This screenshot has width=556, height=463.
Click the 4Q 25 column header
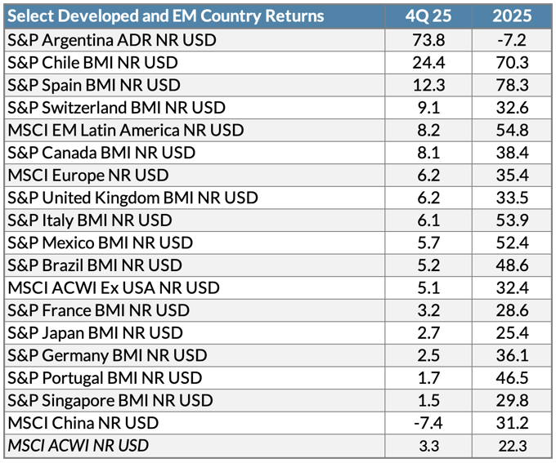coord(428,16)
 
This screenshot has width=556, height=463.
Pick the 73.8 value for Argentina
coord(428,40)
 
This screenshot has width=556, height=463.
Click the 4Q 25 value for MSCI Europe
coord(428,176)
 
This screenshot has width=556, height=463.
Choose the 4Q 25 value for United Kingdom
coord(428,198)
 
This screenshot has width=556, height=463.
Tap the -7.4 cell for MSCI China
coord(428,423)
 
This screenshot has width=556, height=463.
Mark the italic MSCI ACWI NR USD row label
coord(78,445)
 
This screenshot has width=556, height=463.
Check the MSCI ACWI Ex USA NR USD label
coord(113,287)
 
